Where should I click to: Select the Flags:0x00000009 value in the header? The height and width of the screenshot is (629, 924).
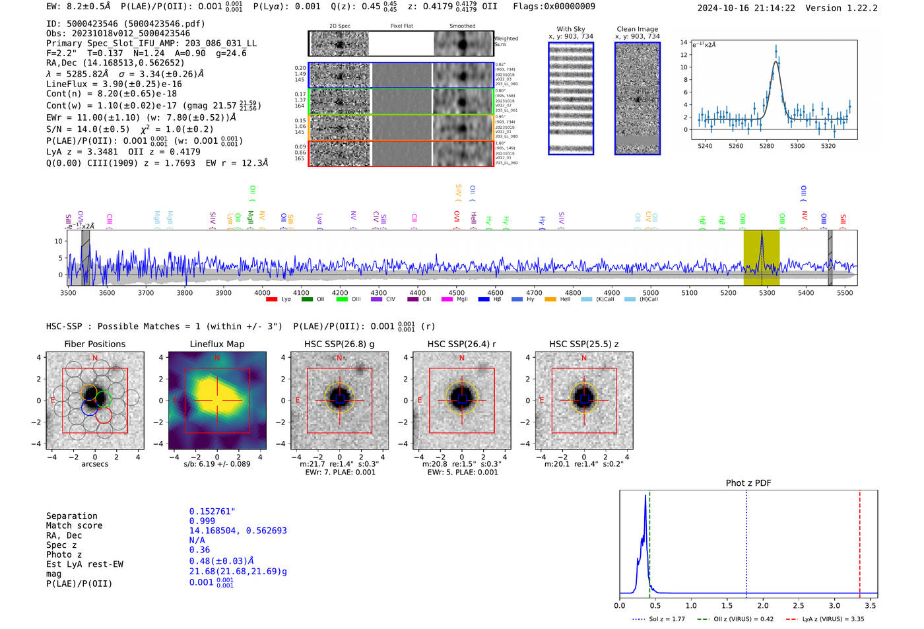point(554,6)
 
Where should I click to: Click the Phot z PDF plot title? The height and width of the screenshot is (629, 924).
point(748,482)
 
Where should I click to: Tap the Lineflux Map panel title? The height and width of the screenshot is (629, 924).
point(216,344)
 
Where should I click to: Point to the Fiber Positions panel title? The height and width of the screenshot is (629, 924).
point(94,344)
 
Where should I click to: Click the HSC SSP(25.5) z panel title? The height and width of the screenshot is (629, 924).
point(583,344)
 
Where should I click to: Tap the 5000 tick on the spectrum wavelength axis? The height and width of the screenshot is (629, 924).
point(651,292)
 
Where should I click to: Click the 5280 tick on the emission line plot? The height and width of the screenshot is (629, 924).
point(766,146)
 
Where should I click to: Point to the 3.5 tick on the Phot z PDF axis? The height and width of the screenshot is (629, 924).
point(871,605)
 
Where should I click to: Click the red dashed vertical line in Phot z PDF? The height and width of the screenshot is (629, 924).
point(860,541)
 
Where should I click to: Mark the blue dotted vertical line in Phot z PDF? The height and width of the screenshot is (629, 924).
point(746,541)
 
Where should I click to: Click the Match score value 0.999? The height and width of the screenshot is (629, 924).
point(202,521)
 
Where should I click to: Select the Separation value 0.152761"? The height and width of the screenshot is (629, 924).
point(212,512)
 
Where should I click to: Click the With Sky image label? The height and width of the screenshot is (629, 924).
point(570,29)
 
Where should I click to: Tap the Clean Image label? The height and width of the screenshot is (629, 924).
point(637,29)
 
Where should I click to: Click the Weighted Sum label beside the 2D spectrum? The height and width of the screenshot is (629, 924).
point(506,41)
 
